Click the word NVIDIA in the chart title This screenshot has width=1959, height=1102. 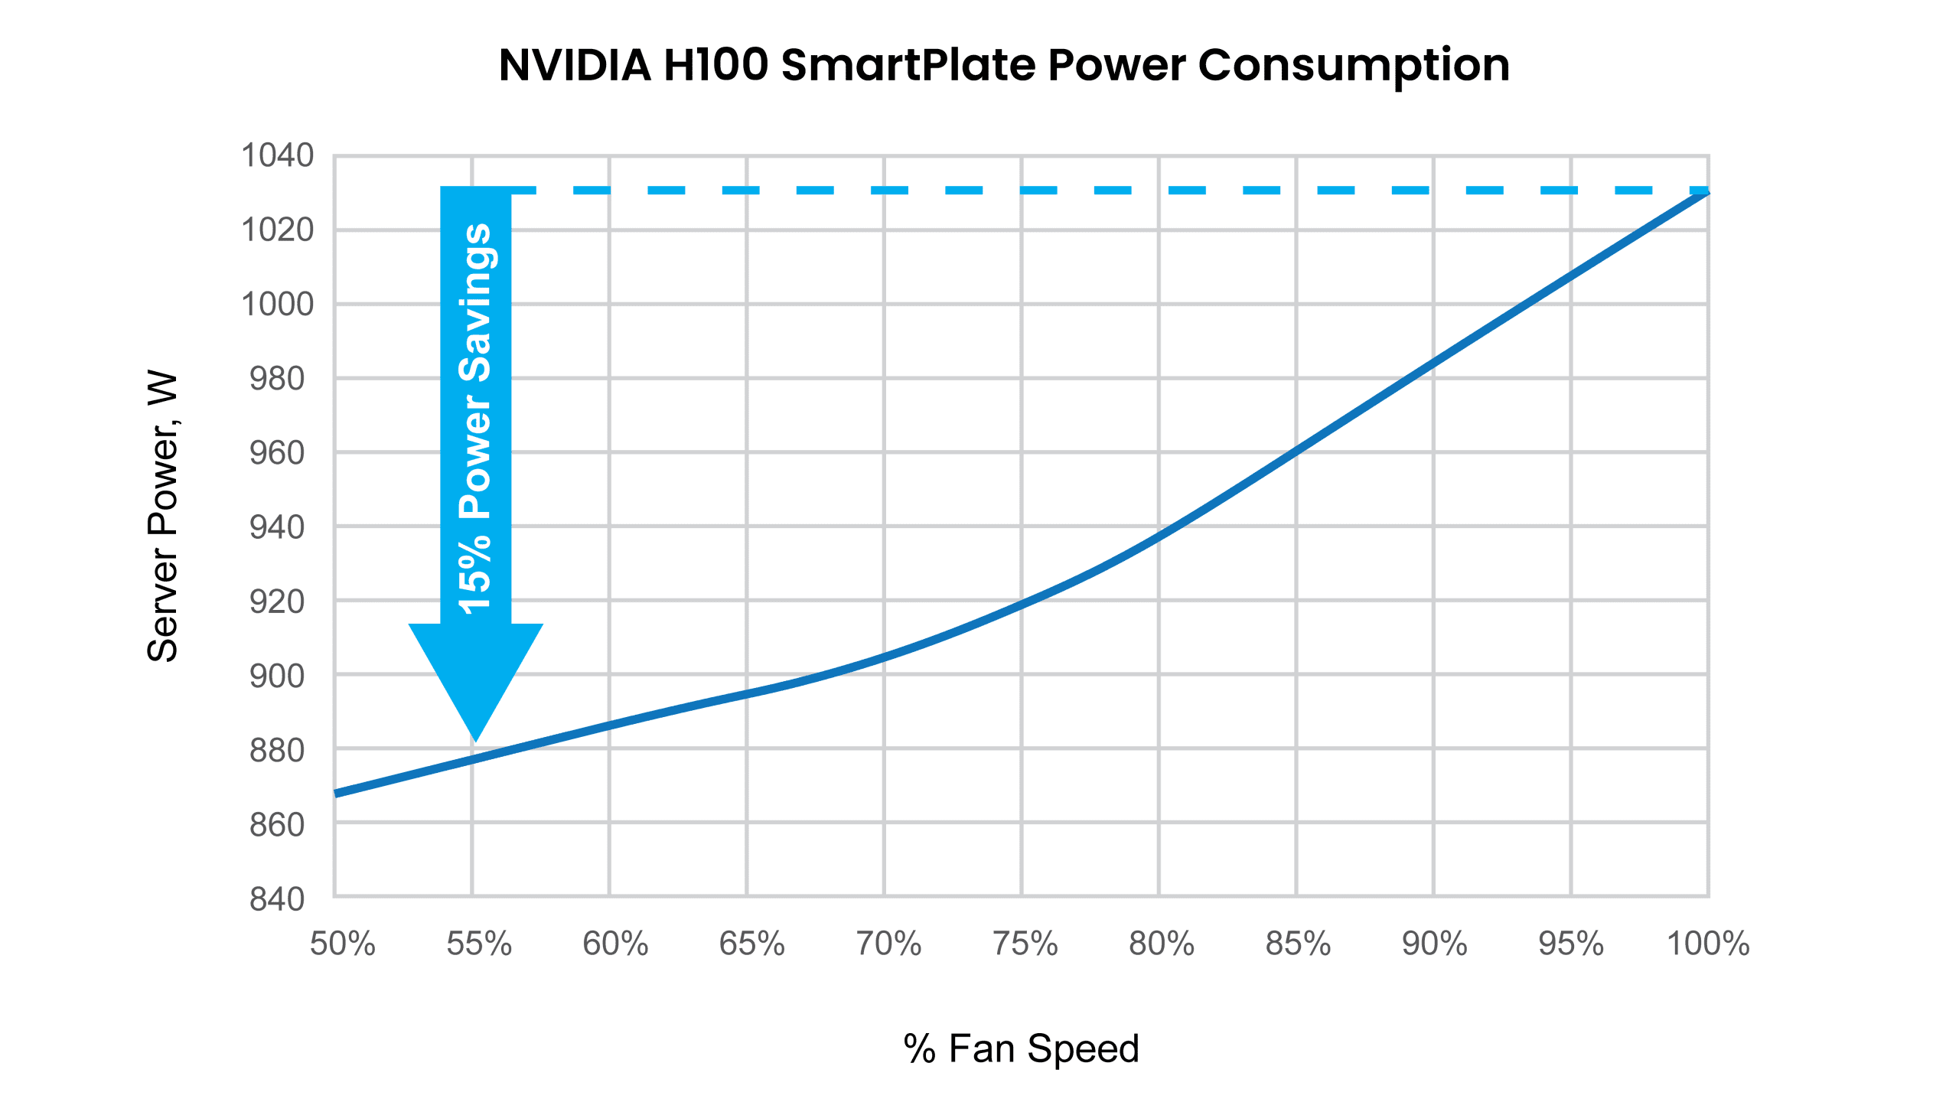[x=575, y=65]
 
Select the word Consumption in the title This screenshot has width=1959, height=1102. [x=1354, y=65]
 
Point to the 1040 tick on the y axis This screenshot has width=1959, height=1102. [x=277, y=155]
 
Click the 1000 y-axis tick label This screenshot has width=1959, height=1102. [x=277, y=305]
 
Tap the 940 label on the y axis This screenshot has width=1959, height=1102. [x=277, y=527]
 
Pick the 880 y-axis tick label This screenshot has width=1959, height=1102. [x=277, y=751]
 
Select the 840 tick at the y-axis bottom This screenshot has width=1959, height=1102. [x=277, y=899]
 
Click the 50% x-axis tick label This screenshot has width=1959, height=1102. [x=342, y=944]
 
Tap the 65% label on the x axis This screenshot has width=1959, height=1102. [x=751, y=944]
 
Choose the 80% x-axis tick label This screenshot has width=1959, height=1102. [x=1161, y=944]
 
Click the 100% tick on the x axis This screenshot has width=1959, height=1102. [x=1708, y=944]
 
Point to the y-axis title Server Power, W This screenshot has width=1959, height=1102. [x=163, y=517]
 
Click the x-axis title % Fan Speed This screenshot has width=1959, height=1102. [x=1021, y=1048]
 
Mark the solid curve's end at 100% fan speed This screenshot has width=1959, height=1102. [x=1706, y=193]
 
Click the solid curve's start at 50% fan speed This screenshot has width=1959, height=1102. [x=337, y=794]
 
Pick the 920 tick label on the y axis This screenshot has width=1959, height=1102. [x=277, y=602]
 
